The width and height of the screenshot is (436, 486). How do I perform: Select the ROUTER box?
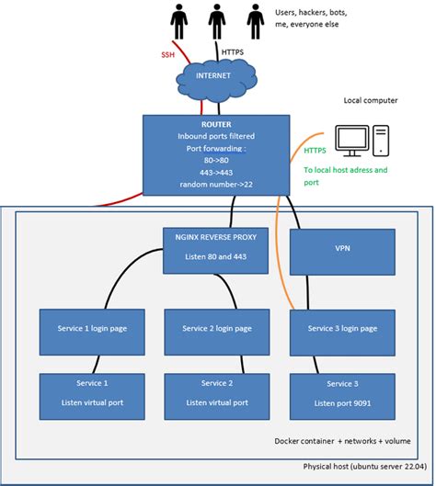click(x=218, y=154)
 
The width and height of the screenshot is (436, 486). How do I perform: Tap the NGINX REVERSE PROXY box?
click(x=217, y=250)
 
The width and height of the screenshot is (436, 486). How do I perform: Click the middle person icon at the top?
click(x=217, y=21)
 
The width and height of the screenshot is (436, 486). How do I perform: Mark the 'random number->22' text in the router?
click(x=218, y=184)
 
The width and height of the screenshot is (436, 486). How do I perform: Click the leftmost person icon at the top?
click(x=180, y=21)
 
